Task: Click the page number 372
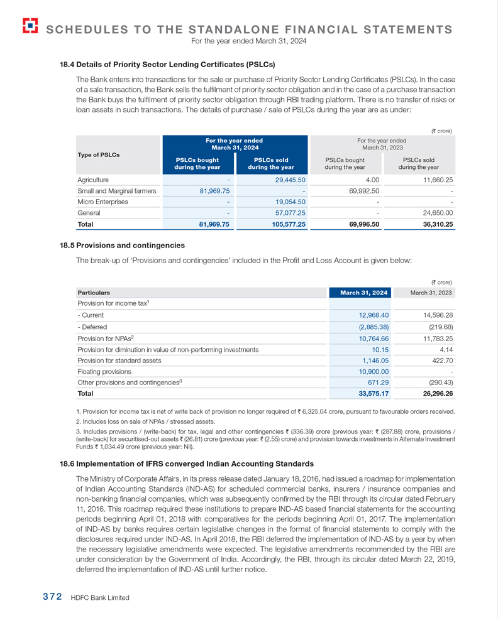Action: pos(47,597)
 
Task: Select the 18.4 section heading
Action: pos(167,64)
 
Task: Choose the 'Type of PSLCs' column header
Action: pos(98,154)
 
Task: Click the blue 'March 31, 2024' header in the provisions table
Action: pos(360,293)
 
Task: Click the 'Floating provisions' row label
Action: pos(104,371)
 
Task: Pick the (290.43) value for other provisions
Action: pos(439,382)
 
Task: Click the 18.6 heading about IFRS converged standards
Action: pos(186,463)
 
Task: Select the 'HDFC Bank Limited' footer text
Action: pos(101,598)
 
